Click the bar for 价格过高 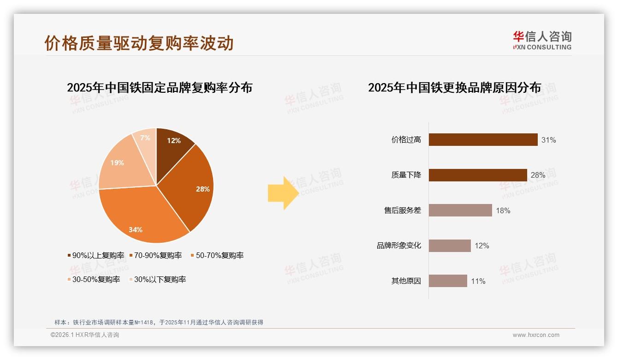(x=483, y=140)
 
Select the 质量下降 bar (x=478, y=175)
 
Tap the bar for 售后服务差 (x=460, y=210)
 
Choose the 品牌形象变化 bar (x=450, y=246)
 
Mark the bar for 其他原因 (x=448, y=281)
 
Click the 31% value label (x=549, y=140)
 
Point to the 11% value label (x=478, y=281)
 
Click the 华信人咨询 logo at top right (x=542, y=40)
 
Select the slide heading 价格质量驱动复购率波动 (x=139, y=43)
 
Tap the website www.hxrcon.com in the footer (x=536, y=335)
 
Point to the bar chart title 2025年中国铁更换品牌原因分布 (x=454, y=88)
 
